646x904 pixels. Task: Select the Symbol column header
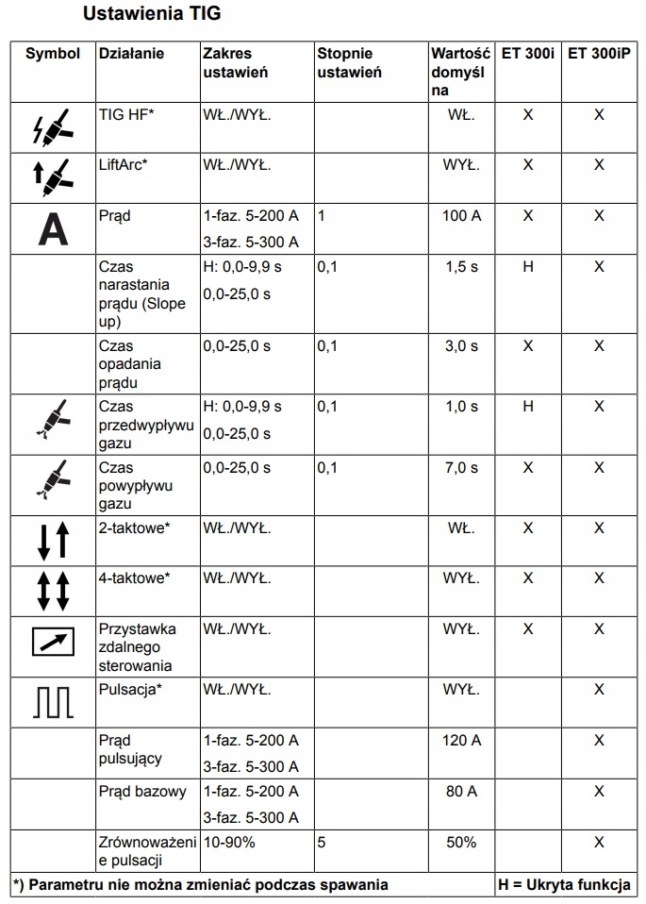coord(53,54)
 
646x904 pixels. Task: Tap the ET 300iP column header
coord(599,54)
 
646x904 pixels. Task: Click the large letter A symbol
coord(53,228)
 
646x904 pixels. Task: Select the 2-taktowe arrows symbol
coord(53,541)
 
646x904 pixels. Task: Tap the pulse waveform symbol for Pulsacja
coord(53,700)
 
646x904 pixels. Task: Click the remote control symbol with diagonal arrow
coord(53,642)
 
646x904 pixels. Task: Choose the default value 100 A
coord(461,216)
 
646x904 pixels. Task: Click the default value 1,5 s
coord(461,267)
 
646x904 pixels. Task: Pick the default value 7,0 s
coord(461,467)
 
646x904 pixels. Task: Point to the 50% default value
coord(461,842)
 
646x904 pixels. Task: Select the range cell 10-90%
coord(229,842)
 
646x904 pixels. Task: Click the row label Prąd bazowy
coord(142,791)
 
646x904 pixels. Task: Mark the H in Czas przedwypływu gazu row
coord(528,407)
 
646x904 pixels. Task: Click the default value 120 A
coord(461,740)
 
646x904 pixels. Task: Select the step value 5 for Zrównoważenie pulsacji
coord(322,842)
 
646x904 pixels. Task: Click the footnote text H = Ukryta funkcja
coord(564,884)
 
